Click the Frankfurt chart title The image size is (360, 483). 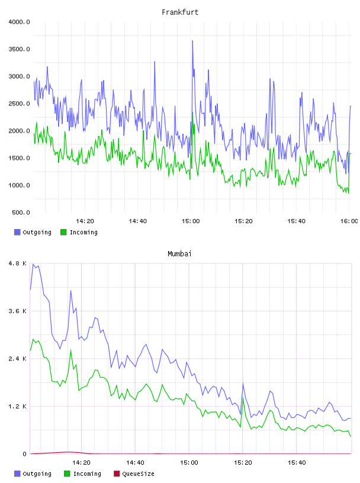click(x=180, y=12)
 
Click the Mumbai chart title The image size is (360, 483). click(x=179, y=253)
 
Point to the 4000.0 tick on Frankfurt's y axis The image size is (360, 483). click(x=19, y=22)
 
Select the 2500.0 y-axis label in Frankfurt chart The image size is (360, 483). click(x=19, y=104)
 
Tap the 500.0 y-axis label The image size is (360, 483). click(x=21, y=212)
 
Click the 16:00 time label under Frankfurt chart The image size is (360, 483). click(x=349, y=221)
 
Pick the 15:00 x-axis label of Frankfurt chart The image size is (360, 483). click(x=191, y=221)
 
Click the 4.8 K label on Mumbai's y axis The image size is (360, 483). click(x=18, y=263)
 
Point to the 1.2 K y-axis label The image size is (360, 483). click(x=18, y=406)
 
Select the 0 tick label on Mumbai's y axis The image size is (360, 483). click(x=25, y=454)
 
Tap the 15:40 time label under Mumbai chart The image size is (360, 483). click(x=297, y=462)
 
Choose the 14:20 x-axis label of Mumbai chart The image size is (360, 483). click(x=81, y=462)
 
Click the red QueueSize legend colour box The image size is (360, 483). click(x=117, y=474)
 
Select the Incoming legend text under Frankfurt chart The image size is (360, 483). click(x=83, y=232)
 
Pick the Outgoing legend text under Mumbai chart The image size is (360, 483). click(x=37, y=474)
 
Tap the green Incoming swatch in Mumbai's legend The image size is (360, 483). click(x=67, y=474)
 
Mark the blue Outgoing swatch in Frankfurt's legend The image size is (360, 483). click(x=17, y=232)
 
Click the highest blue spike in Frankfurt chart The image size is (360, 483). click(x=192, y=41)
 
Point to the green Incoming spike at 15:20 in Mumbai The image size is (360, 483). click(x=243, y=398)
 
